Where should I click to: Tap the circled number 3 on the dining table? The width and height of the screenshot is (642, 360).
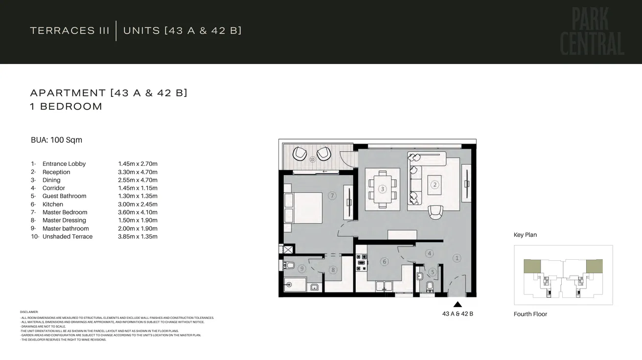[x=382, y=189]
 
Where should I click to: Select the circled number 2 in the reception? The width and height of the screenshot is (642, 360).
[x=434, y=184]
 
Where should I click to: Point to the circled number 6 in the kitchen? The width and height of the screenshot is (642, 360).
[x=384, y=262]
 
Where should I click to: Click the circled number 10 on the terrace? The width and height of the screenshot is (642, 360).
[x=312, y=159]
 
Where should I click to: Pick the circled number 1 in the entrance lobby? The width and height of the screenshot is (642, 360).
[x=457, y=258]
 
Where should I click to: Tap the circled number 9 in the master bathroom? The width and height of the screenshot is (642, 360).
[x=302, y=269]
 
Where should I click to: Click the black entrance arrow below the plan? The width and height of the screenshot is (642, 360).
[x=458, y=304]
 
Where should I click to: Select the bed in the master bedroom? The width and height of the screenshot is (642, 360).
[x=303, y=207]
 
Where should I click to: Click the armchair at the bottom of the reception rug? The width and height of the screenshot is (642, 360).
[x=435, y=212]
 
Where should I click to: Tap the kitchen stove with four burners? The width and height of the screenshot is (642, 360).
[x=361, y=263]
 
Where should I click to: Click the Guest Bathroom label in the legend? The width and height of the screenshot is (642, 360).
[x=64, y=196]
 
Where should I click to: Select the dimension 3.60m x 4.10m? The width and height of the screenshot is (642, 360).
[x=138, y=212]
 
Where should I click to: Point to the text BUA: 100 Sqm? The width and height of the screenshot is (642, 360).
[x=56, y=140]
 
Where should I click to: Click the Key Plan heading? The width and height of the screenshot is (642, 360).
[x=525, y=235]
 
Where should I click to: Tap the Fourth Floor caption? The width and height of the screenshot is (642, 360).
[x=530, y=314]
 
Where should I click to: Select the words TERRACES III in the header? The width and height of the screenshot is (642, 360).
[x=69, y=30]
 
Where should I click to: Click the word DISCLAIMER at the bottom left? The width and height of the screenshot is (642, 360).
[x=29, y=312]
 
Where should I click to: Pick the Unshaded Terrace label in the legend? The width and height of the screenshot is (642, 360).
[x=67, y=237]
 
